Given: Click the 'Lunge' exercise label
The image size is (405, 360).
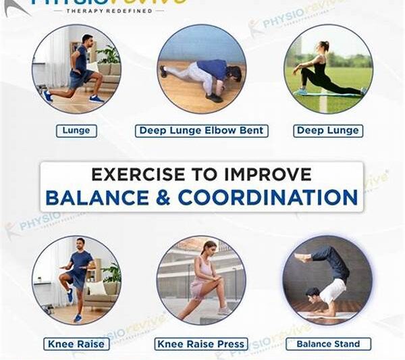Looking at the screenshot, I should pos(76,130).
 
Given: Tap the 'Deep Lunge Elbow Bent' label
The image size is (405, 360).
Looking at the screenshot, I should pos(201,130).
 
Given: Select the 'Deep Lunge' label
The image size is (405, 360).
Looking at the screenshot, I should pos(328,130).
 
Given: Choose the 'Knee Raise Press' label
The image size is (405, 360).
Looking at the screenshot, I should pos(201,344).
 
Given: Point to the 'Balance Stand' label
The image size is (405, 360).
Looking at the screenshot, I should pos(328,344).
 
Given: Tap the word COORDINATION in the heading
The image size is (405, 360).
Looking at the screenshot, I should pos(267,197).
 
